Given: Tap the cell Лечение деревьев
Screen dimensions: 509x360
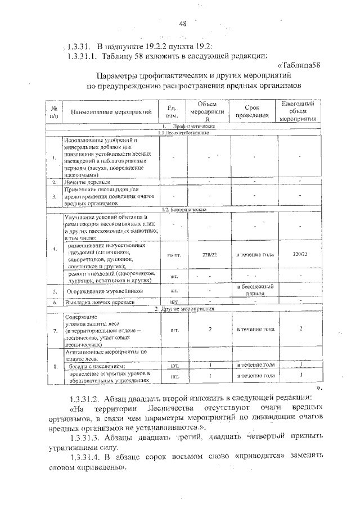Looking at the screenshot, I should click(x=87, y=182).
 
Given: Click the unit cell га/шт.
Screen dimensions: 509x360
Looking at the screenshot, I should click(x=173, y=255).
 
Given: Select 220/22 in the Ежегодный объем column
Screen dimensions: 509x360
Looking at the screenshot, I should click(x=300, y=255).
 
